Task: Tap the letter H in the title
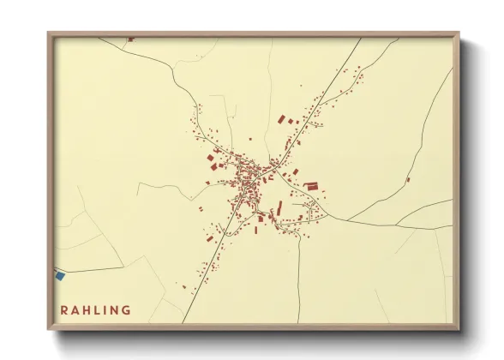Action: tap(88, 310)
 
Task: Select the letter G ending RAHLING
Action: tap(127, 310)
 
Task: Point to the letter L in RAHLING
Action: tap(99, 310)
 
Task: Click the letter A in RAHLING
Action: tap(76, 310)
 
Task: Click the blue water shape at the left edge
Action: tap(60, 275)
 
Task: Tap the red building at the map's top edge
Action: tap(130, 39)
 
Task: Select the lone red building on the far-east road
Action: tap(408, 179)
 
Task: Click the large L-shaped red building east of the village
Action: tap(312, 185)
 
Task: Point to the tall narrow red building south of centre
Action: tap(279, 208)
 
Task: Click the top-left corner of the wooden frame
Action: tap(49, 33)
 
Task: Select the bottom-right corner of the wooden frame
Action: tap(459, 329)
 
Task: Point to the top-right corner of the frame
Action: tap(459, 33)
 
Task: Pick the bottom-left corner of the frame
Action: tap(49, 329)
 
